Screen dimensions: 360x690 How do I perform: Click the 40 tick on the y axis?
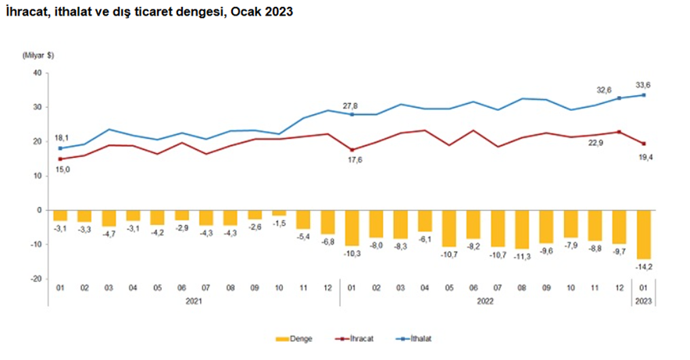(x=36, y=73)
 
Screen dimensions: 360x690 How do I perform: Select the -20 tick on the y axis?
(x=35, y=279)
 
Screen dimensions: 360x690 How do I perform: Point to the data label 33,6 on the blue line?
(x=643, y=84)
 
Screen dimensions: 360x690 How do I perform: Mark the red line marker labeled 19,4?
(x=642, y=144)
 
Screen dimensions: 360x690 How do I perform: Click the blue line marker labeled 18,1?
(x=59, y=148)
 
